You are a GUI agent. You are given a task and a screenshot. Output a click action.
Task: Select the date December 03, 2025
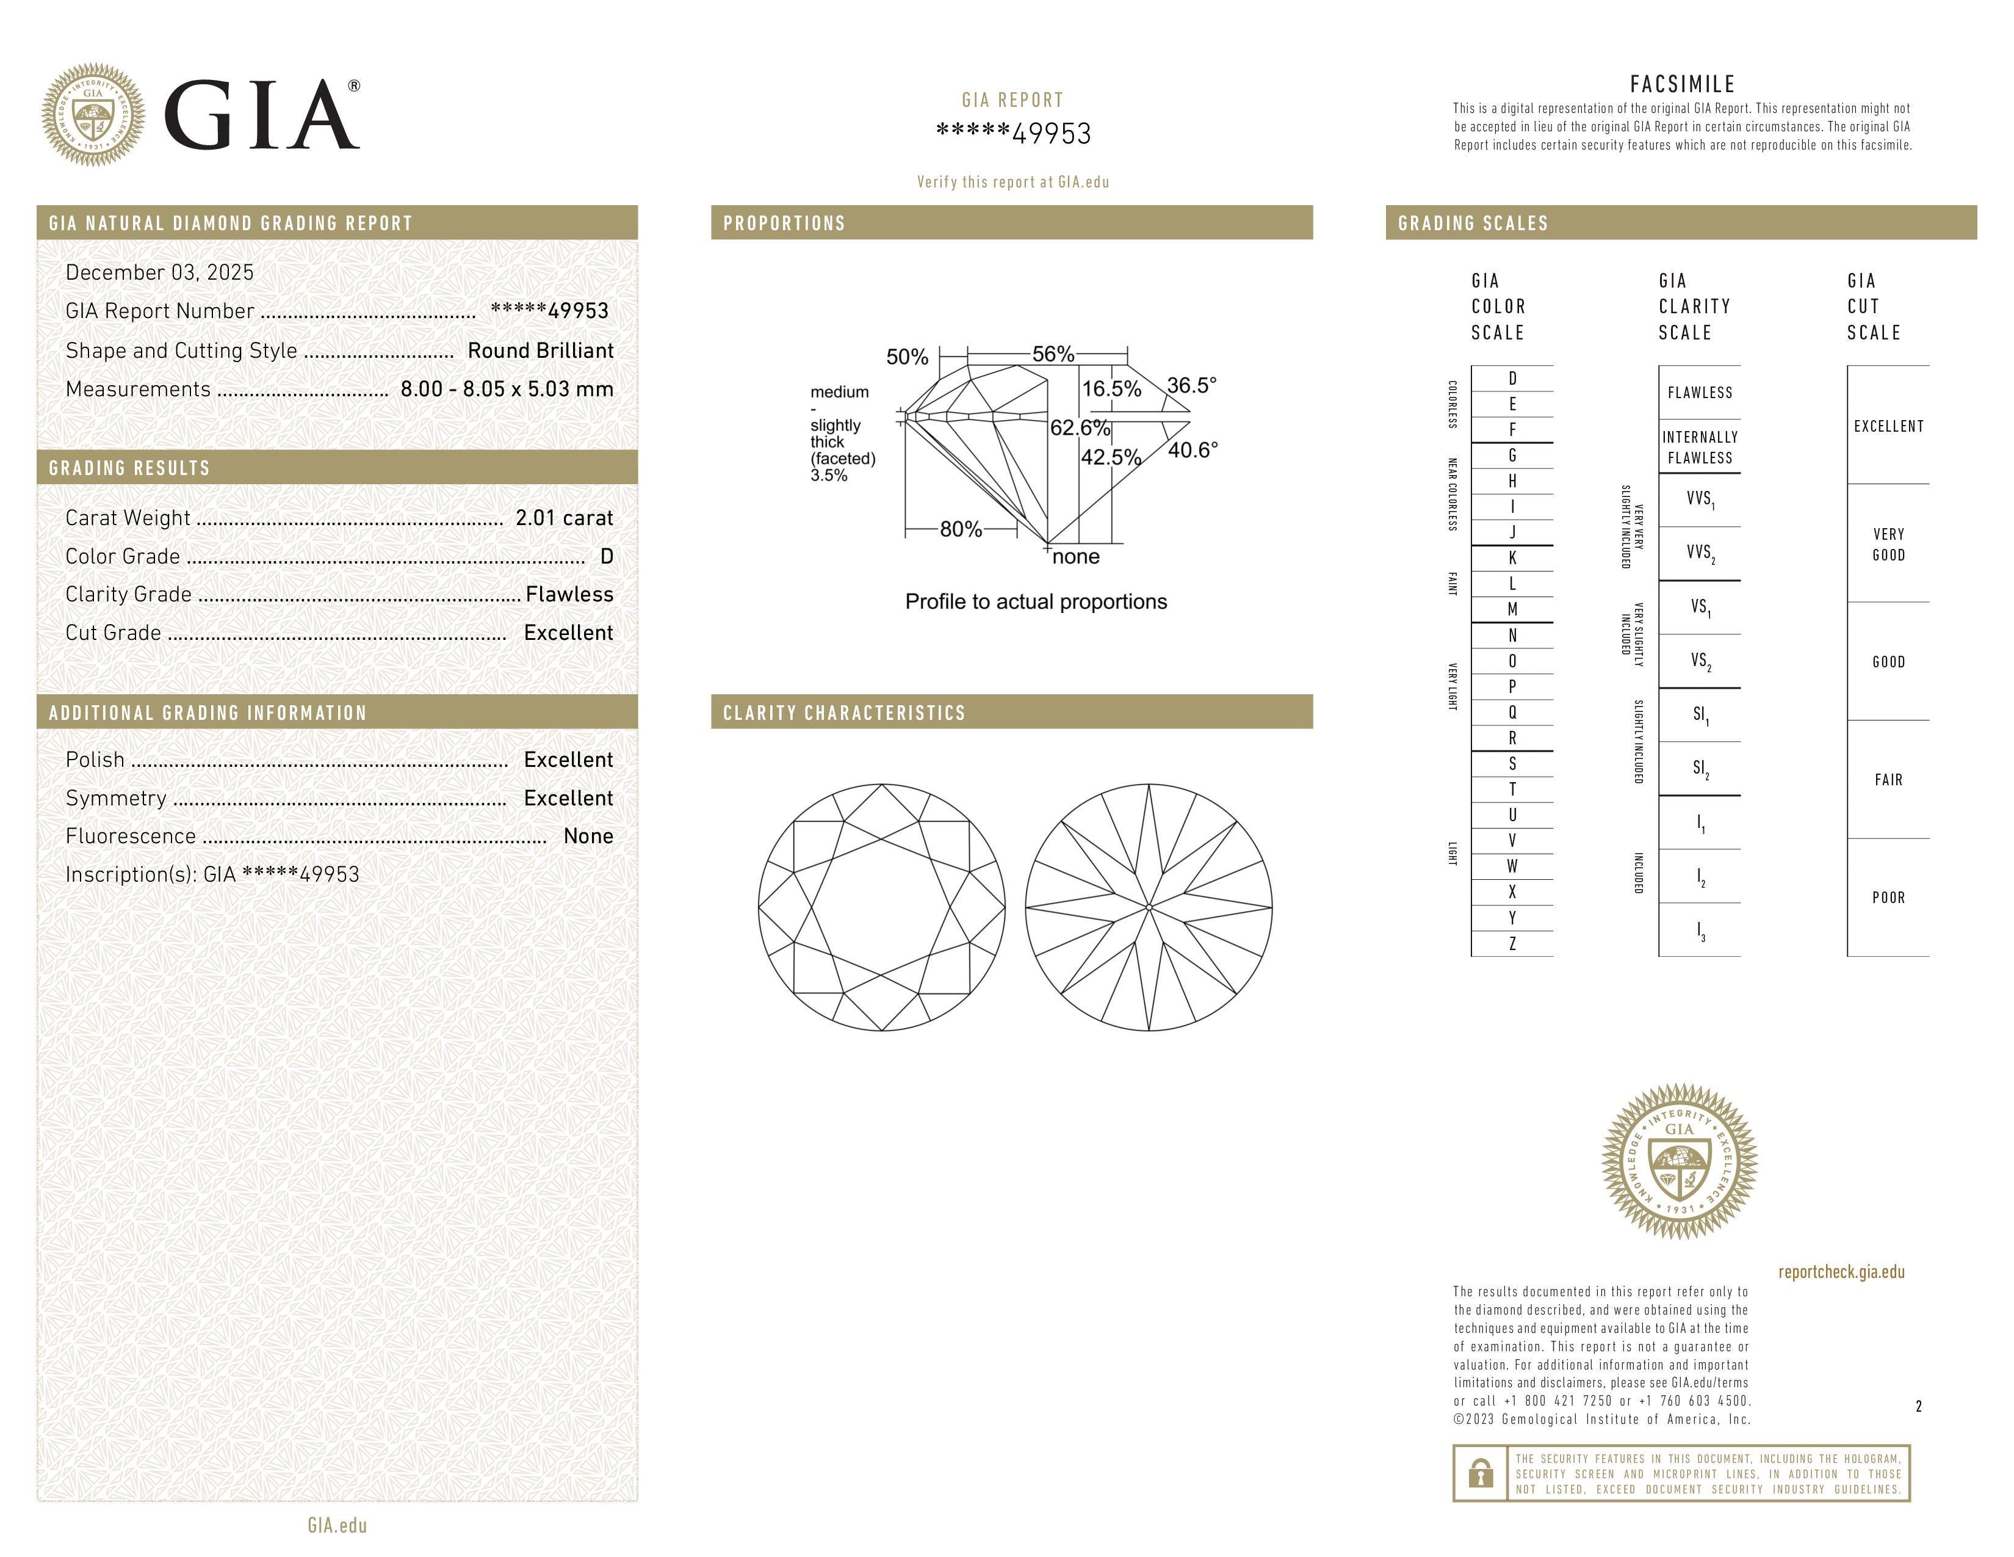click(x=159, y=272)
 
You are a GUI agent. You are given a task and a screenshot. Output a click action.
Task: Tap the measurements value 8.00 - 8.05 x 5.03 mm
click(x=507, y=390)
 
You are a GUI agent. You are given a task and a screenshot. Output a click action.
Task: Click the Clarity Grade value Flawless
click(x=569, y=595)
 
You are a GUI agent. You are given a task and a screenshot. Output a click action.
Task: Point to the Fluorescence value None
click(x=588, y=837)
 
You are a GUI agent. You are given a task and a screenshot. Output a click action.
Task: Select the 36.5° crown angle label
click(x=1191, y=385)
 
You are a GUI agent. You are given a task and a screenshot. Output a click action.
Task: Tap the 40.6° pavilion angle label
click(x=1193, y=450)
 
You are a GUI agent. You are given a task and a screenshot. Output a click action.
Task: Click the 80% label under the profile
click(x=960, y=529)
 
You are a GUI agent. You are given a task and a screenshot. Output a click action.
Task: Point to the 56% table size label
click(x=1053, y=354)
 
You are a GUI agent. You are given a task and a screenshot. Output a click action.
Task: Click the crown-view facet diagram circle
click(x=882, y=907)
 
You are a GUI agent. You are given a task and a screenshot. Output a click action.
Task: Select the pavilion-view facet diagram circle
click(x=1149, y=907)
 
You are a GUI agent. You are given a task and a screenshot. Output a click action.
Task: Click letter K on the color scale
click(x=1512, y=558)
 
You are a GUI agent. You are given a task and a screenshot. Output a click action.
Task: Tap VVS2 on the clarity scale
click(x=1700, y=553)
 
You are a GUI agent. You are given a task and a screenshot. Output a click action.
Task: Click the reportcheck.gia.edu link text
click(x=1841, y=1272)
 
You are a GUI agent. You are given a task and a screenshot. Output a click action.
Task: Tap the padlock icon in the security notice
click(x=1480, y=1473)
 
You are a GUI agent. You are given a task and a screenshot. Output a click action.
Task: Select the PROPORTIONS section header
click(x=784, y=223)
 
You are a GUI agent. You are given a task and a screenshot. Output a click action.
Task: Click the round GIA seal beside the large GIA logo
click(x=93, y=115)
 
